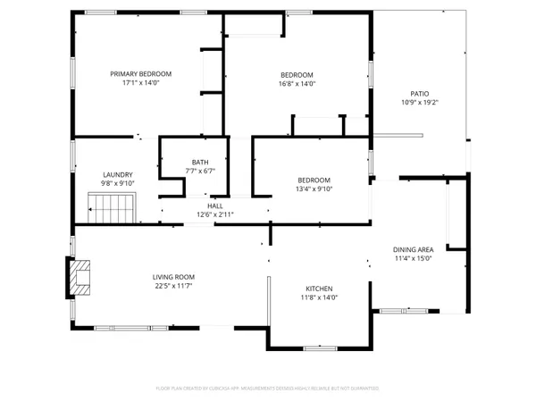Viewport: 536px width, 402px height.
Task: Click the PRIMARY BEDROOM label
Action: pos(141,73)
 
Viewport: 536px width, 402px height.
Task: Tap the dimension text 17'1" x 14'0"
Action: pos(141,83)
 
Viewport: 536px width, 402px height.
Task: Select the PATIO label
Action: pos(419,92)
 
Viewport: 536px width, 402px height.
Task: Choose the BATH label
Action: pos(200,162)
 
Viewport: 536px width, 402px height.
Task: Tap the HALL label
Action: pos(214,205)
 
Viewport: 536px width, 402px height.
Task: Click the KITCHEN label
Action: pos(320,289)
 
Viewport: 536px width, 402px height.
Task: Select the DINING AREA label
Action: pos(414,249)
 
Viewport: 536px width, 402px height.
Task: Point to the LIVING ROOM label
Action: pos(173,276)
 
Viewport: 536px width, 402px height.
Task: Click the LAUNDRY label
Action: pos(118,174)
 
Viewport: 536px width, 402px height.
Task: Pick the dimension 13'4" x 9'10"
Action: pos(314,188)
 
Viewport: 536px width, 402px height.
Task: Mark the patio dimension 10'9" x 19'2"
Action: pos(419,102)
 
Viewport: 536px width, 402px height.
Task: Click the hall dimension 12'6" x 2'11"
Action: pos(214,214)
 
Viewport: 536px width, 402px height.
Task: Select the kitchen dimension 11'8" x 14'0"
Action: pos(320,297)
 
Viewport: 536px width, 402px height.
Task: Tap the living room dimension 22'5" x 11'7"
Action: pos(173,286)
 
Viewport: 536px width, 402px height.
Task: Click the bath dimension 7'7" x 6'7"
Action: pos(200,171)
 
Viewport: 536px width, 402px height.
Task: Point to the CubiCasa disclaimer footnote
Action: pos(268,389)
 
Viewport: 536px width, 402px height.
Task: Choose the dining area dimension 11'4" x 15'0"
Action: pos(414,258)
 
